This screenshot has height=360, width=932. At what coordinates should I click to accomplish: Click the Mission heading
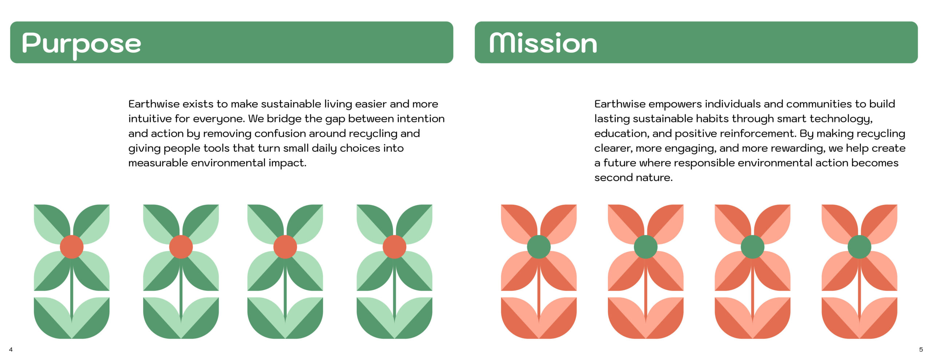point(543,43)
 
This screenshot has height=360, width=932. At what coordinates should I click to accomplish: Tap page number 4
point(11,349)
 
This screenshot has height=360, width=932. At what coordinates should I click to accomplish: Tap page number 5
point(921,349)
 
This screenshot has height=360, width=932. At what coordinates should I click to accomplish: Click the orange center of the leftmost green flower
point(72,247)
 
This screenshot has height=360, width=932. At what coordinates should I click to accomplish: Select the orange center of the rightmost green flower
point(394,247)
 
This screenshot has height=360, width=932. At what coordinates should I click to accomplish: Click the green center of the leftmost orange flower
point(539,247)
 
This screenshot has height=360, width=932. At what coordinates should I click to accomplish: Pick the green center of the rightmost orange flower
point(859,247)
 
